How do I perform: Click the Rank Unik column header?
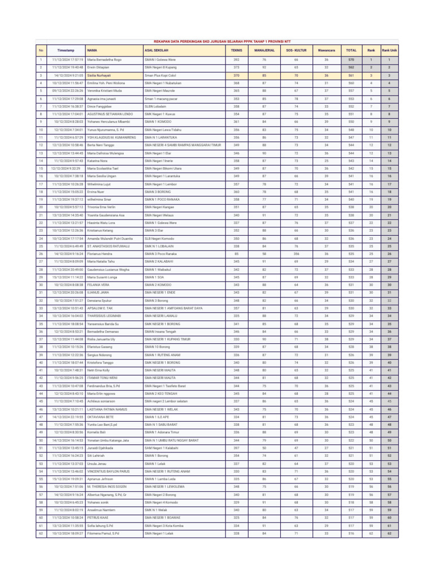click(x=389, y=50)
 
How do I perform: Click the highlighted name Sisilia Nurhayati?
click(x=100, y=75)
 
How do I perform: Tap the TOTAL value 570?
click(x=351, y=59)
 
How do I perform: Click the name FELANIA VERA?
click(x=97, y=285)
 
